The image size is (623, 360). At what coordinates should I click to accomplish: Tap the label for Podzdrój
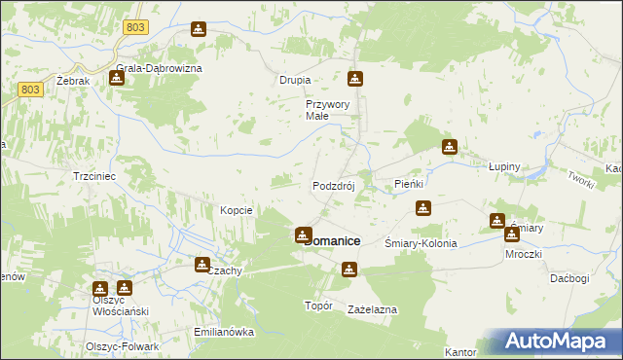pos(339,186)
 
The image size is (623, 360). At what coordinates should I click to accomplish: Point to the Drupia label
pos(295,80)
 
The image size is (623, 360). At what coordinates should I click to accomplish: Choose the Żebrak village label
pos(73,81)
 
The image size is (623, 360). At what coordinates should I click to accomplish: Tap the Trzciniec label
pos(95,176)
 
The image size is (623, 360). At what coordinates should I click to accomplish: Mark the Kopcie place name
pos(237,210)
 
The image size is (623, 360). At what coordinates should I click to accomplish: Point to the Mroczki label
pos(523,252)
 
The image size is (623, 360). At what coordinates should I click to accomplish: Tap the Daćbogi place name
pos(568,278)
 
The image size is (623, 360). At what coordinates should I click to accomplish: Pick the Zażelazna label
pos(372,308)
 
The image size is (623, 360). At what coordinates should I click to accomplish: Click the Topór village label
pos(319,306)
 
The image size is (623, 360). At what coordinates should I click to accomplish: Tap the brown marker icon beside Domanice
pos(304,235)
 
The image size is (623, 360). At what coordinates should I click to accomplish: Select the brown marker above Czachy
pos(202,264)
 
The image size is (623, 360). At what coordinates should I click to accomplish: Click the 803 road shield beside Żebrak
pos(30,90)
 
